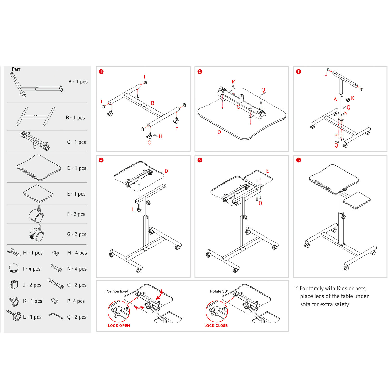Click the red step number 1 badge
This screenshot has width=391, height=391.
[x=101, y=72]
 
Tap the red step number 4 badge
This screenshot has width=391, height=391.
[x=101, y=160]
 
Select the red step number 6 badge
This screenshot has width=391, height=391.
[x=298, y=160]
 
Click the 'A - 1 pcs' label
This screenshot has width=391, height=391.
[x=78, y=82]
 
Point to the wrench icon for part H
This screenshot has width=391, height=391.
[x=14, y=252]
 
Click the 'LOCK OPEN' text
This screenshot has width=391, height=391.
[x=119, y=326]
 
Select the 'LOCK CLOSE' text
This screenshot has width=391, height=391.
[x=216, y=326]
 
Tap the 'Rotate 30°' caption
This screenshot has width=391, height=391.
[x=219, y=291]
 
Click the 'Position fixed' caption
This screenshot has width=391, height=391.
[x=117, y=291]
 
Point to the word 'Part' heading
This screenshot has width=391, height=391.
[x=16, y=69]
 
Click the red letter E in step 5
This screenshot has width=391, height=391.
[x=267, y=171]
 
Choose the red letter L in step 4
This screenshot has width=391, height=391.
[x=133, y=210]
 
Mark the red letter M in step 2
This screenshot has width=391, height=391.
[x=234, y=82]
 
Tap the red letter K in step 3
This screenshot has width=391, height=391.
[x=353, y=98]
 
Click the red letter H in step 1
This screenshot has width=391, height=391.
[x=161, y=136]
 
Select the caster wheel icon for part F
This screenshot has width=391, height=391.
[x=36, y=214]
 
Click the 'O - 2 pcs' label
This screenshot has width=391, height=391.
[x=77, y=285]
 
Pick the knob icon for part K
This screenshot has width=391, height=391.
[x=14, y=301]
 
